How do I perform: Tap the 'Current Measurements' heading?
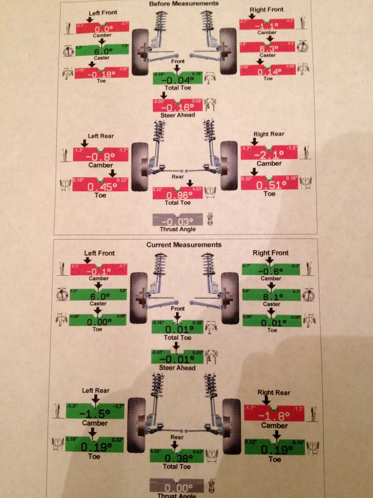click(x=184, y=245)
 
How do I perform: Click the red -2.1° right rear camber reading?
click(x=269, y=155)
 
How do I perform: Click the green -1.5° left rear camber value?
click(x=95, y=413)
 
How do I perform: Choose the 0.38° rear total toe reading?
click(x=177, y=457)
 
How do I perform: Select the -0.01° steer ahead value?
click(x=177, y=358)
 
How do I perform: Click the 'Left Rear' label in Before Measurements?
click(x=100, y=136)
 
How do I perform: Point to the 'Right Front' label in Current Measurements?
click(x=271, y=253)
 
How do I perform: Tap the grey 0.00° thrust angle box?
click(x=177, y=488)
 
